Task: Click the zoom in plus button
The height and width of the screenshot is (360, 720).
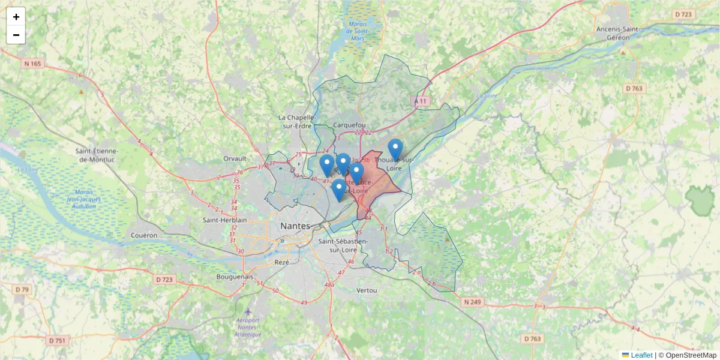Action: pyautogui.click(x=16, y=17)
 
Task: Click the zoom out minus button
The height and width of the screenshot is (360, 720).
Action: pyautogui.click(x=16, y=35)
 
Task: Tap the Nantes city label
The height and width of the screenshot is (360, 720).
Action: pyautogui.click(x=295, y=226)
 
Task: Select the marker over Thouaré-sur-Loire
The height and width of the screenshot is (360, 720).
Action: pyautogui.click(x=395, y=149)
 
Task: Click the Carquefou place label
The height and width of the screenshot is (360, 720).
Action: pyautogui.click(x=349, y=125)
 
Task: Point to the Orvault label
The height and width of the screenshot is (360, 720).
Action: pyautogui.click(x=235, y=158)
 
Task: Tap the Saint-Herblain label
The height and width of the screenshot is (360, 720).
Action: pyautogui.click(x=225, y=220)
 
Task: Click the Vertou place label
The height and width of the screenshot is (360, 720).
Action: pyautogui.click(x=366, y=290)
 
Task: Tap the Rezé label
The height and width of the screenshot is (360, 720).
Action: pyautogui.click(x=281, y=262)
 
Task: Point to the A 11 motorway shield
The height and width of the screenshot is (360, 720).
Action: pyautogui.click(x=422, y=101)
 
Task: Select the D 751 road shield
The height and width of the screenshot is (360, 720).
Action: pyautogui.click(x=57, y=340)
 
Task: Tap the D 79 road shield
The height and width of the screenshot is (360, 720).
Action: pyautogui.click(x=22, y=290)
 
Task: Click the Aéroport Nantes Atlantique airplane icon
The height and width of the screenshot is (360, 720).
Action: pyautogui.click(x=248, y=312)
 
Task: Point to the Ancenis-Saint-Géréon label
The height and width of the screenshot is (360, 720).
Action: pyautogui.click(x=620, y=33)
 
